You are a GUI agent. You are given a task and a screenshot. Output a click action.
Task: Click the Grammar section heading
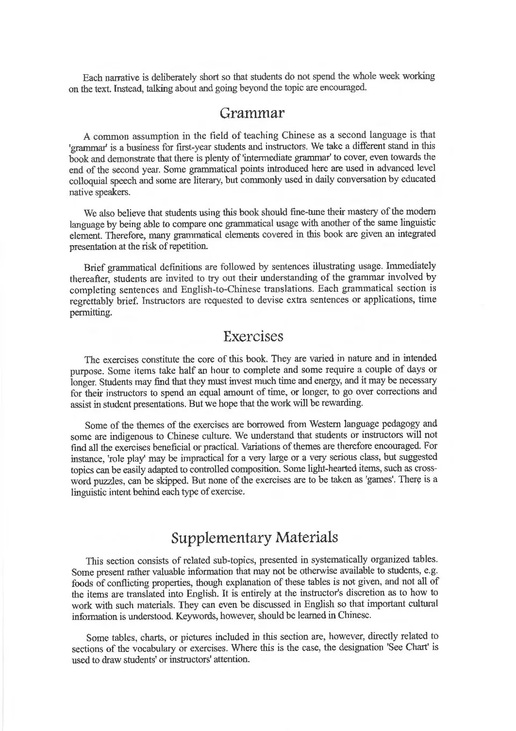pos(252,113)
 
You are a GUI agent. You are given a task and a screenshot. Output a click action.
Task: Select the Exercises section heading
pos(253,336)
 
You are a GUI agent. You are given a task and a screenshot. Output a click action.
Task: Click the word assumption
pos(159,135)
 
